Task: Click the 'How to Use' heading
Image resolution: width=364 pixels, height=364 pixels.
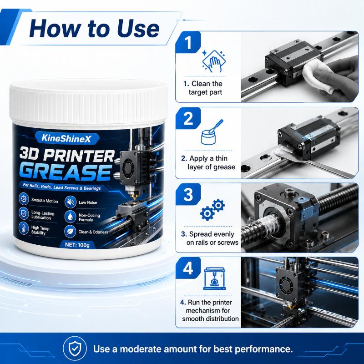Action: (94, 28)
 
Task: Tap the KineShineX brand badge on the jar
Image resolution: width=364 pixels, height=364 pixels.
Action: (67, 139)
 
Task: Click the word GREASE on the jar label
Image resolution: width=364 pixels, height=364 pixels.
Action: (66, 172)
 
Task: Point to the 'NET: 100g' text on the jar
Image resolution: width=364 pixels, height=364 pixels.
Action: (77, 245)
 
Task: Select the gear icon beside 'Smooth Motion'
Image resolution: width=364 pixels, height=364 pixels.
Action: (24, 199)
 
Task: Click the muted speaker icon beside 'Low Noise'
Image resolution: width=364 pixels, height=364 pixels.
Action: (71, 202)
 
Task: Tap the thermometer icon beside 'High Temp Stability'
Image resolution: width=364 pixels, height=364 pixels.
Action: (24, 228)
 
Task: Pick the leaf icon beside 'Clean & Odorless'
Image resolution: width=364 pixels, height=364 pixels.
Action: (70, 232)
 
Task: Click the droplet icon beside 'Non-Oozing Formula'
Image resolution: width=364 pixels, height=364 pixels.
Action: (70, 217)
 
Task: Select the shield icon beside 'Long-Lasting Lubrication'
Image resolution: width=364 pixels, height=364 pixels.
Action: (24, 213)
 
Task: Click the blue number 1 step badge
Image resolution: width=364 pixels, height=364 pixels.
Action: (188, 42)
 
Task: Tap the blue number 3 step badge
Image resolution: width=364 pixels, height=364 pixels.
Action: (188, 194)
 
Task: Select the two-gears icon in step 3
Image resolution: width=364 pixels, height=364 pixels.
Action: (212, 209)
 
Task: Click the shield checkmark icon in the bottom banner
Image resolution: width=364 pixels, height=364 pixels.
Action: (75, 349)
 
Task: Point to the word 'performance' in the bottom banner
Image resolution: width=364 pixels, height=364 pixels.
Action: (264, 349)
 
